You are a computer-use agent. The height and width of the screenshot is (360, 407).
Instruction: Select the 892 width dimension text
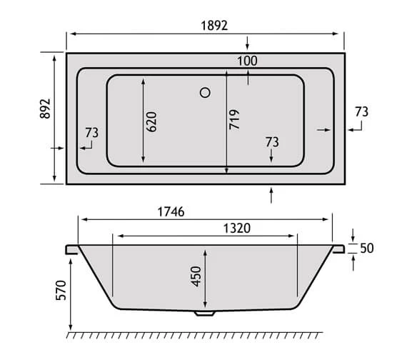coord(44,108)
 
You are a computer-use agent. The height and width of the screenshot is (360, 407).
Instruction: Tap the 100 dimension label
coord(246,61)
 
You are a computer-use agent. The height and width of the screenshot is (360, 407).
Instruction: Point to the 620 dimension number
coord(152,120)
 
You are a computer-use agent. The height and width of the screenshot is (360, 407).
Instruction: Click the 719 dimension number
coord(236,119)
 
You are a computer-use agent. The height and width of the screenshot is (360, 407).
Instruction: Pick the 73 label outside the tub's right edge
coord(361,111)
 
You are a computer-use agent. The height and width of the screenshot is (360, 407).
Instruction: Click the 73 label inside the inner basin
coord(271,141)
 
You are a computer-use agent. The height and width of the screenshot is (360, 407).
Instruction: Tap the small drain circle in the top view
coord(206,91)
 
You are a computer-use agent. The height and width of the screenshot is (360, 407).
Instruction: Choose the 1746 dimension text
coord(171,211)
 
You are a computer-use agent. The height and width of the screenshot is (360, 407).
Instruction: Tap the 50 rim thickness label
coord(368,249)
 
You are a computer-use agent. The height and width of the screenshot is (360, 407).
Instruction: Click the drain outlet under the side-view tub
coord(204,312)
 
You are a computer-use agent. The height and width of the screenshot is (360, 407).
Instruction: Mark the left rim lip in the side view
coord(71,249)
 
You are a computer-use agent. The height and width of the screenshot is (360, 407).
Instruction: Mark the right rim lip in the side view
coord(338,249)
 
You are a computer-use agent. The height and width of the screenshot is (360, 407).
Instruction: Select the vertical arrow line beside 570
coord(71,294)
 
